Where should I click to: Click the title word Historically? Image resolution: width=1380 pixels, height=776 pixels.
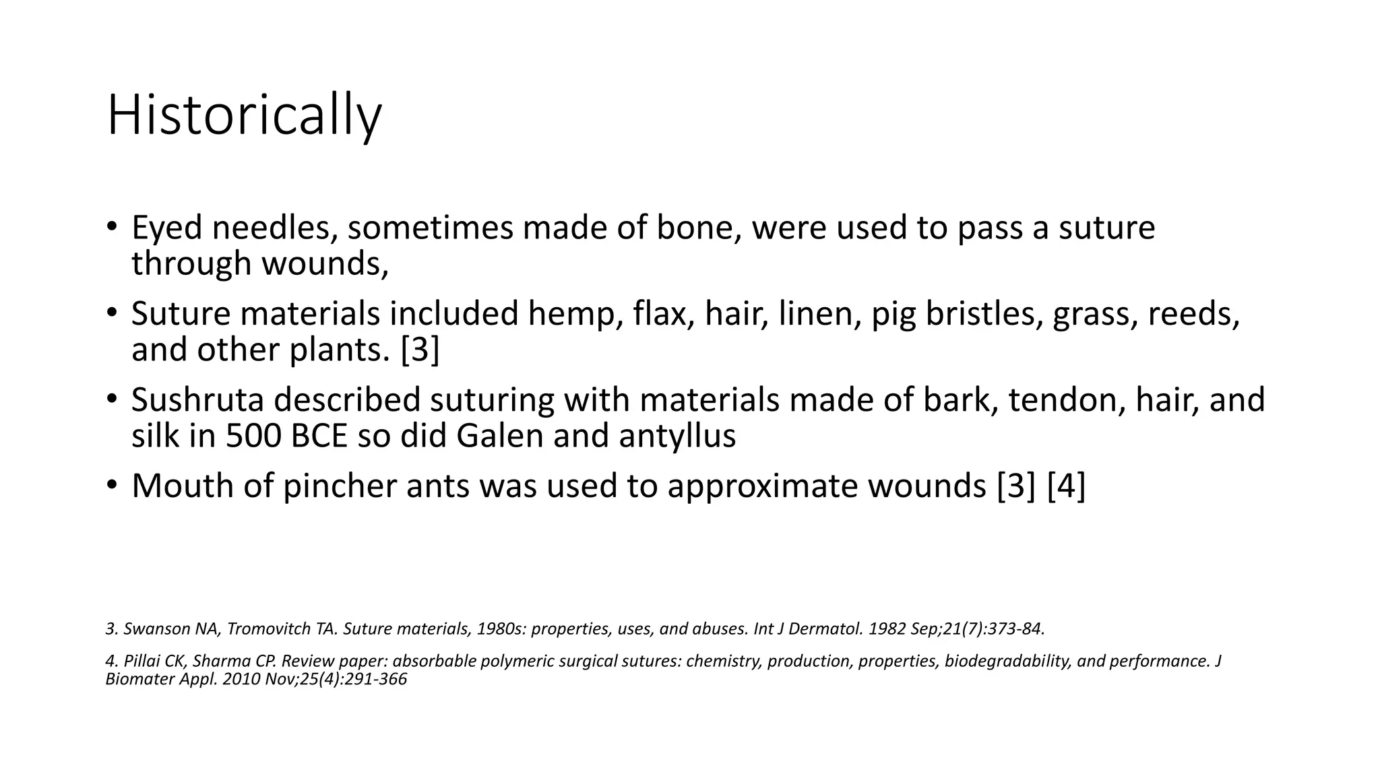244,116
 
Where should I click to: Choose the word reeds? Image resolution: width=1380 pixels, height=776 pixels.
1193,314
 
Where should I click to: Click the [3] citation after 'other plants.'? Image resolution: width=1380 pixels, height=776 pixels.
420,350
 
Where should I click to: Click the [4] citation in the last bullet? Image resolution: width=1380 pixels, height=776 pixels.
1066,486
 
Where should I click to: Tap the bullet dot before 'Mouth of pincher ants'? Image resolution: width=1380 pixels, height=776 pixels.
112,485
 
